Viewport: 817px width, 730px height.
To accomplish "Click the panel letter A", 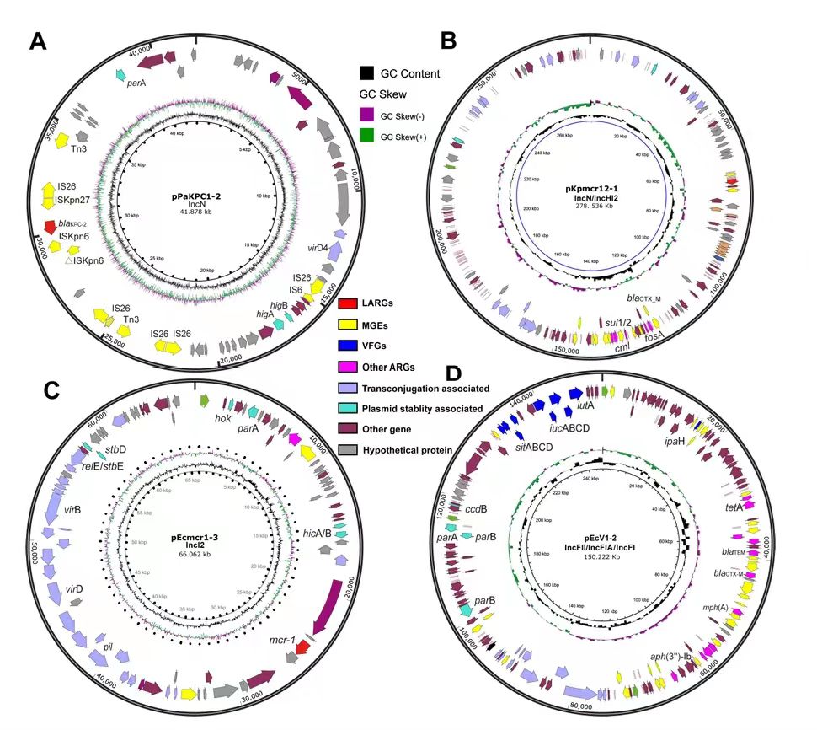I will (36, 40).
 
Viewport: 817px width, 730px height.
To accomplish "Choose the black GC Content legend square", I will (366, 74).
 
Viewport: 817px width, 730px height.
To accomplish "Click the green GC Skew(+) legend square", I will (366, 136).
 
